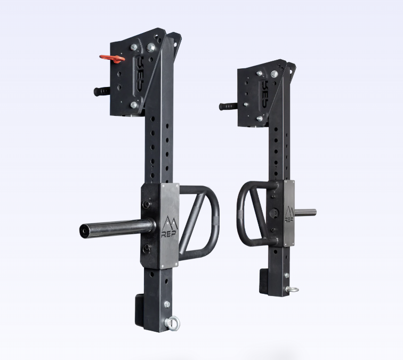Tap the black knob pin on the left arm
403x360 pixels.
[x=101, y=91]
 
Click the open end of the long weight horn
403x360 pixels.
[x=85, y=230]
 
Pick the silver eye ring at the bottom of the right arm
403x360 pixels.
[x=292, y=290]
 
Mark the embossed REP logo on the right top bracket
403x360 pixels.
[x=265, y=88]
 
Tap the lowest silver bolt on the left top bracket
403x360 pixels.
[x=134, y=105]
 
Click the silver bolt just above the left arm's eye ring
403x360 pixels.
[x=167, y=305]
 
